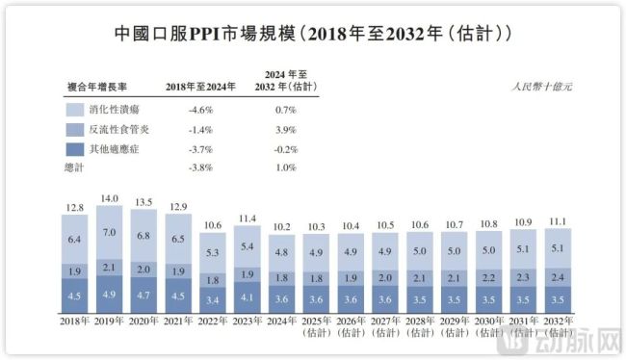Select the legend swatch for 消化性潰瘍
(x=75, y=109)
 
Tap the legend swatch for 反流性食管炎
(x=75, y=128)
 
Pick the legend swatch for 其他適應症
(x=75, y=148)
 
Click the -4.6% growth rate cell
(x=200, y=109)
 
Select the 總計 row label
(x=75, y=167)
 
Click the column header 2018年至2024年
(x=200, y=85)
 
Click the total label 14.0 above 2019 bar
(x=109, y=197)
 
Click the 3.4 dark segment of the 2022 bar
(x=213, y=299)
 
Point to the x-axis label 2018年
(x=74, y=320)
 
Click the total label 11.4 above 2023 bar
(x=248, y=219)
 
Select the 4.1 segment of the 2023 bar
(x=248, y=297)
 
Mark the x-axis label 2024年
(x=282, y=320)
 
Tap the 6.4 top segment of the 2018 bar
(x=74, y=239)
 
